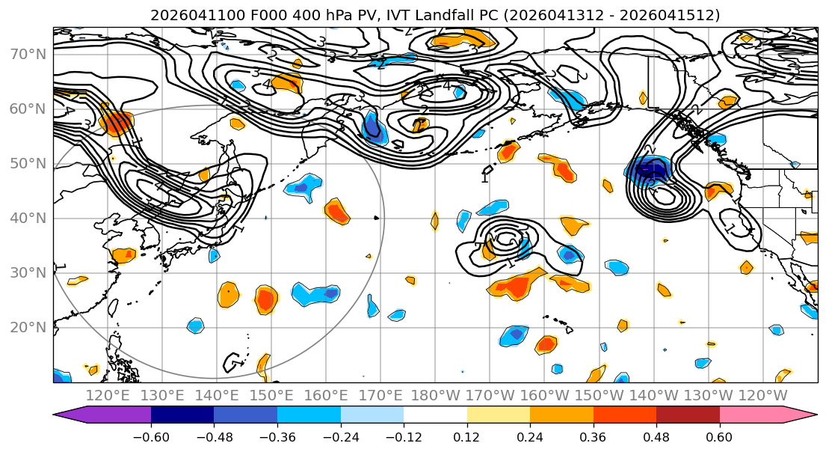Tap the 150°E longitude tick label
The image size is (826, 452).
pos(272,395)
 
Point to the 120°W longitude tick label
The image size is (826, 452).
pos(763,395)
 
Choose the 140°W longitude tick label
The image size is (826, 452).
pos(654,395)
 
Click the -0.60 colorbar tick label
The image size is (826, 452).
pos(151,436)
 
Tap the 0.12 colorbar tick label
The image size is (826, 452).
pos(467,436)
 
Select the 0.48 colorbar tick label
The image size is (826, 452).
pos(656,436)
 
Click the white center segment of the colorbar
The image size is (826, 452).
pos(435,415)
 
